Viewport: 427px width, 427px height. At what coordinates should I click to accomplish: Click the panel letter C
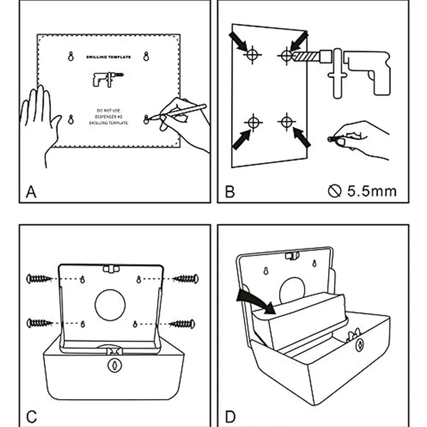coord(32,416)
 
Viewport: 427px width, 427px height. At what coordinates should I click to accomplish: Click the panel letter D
coord(231,416)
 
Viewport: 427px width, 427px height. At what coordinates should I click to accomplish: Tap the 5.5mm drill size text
coord(371,191)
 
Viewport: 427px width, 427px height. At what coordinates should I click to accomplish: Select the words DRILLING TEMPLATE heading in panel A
coord(108,57)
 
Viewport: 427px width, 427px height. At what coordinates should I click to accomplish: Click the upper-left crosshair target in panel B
coord(252,55)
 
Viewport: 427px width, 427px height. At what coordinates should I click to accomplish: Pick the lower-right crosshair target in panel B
coord(286,120)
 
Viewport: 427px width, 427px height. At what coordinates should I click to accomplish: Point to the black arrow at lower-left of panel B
coord(242,140)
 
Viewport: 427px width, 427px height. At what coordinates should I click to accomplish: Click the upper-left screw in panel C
coord(39,279)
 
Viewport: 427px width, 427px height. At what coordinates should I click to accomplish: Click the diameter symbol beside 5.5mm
coord(334,192)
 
